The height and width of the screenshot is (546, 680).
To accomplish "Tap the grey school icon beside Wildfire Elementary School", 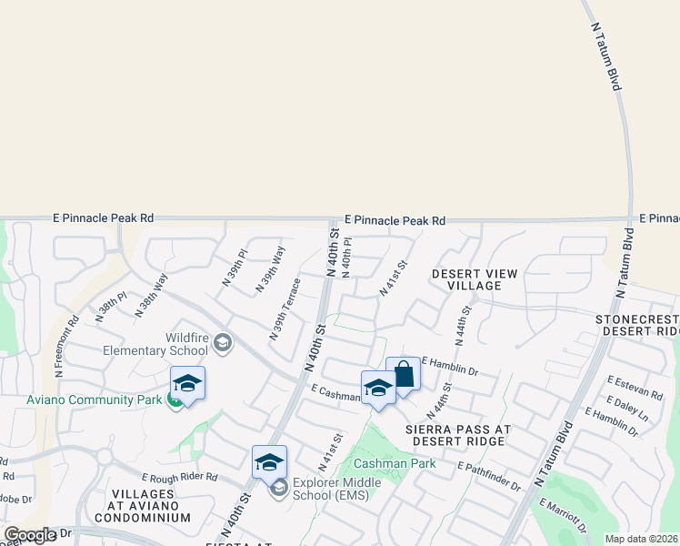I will [224, 343].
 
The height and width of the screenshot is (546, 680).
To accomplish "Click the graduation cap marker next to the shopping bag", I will [378, 389].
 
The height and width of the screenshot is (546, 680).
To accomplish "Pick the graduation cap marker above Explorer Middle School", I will [269, 463].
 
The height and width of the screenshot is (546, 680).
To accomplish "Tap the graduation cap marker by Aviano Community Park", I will [187, 384].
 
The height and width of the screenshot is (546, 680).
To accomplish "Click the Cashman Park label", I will [395, 463].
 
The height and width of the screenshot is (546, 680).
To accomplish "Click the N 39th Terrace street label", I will [285, 310].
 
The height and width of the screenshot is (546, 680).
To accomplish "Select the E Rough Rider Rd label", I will [180, 477].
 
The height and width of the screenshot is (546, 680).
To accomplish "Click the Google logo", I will [30, 535].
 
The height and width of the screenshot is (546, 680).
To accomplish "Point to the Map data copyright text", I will [642, 539].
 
